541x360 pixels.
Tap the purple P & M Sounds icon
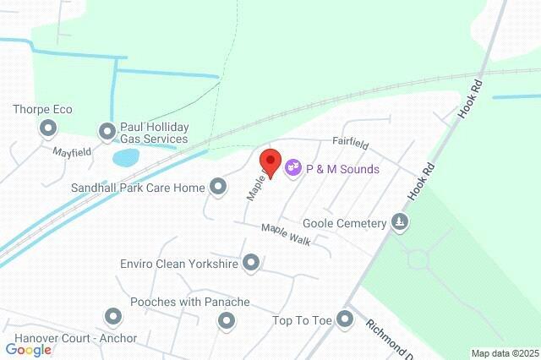click(293, 168)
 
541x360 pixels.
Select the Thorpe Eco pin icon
click(47, 128)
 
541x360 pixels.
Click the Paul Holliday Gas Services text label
click(154, 133)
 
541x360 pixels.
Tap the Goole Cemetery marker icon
click(400, 223)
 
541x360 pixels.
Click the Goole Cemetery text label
click(345, 224)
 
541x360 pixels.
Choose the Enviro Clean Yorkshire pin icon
click(251, 264)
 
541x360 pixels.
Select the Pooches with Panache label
click(189, 302)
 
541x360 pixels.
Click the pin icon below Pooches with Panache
click(226, 320)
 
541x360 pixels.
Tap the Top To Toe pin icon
click(344, 319)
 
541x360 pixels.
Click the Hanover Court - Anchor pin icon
click(113, 317)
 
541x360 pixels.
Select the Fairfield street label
click(347, 144)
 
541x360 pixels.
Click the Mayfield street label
click(72, 153)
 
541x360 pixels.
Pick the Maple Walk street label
click(286, 234)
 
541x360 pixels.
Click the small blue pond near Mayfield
click(125, 158)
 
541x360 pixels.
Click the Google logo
click(29, 349)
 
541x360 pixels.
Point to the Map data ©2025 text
click(505, 353)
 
